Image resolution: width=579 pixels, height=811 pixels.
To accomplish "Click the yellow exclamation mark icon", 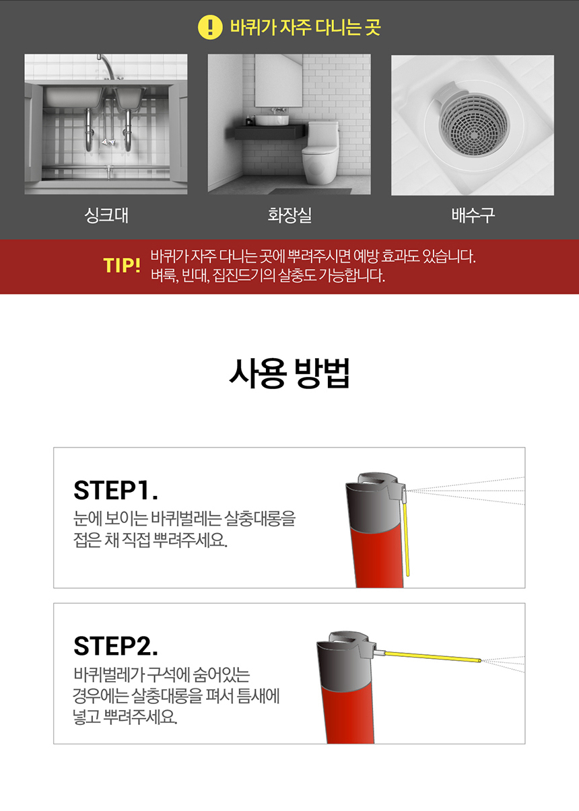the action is click(x=210, y=28).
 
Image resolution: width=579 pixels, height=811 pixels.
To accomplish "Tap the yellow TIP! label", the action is click(x=122, y=265).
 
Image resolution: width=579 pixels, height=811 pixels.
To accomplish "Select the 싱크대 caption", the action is click(x=106, y=215).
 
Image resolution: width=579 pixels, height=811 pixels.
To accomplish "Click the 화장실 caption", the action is click(x=289, y=215).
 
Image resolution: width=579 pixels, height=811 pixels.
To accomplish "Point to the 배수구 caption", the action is click(x=473, y=215).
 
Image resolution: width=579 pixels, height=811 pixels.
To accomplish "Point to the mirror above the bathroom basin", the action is click(x=278, y=80).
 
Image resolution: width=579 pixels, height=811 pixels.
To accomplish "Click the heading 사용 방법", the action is click(x=289, y=374).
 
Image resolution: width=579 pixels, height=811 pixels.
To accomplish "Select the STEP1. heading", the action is click(x=116, y=490).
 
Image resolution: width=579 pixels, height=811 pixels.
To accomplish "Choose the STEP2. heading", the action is click(x=116, y=646).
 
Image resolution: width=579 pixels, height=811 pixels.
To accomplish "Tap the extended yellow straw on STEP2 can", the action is click(x=433, y=657).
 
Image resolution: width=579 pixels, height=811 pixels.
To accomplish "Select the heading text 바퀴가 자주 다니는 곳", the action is click(x=305, y=28).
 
